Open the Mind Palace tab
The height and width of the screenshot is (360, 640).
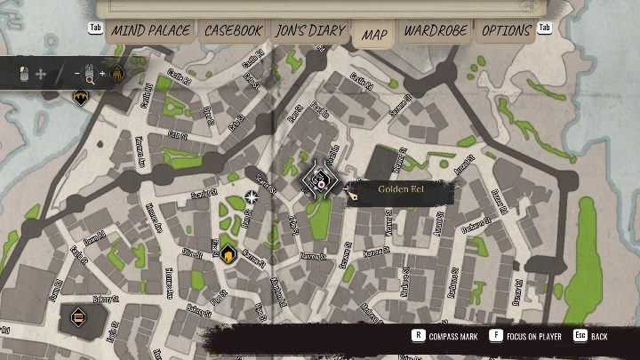click(150, 30)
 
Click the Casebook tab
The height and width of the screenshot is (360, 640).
click(234, 30)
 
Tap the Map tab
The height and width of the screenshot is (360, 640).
click(374, 34)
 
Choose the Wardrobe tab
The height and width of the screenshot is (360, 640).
click(436, 30)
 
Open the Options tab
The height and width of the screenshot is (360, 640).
click(507, 30)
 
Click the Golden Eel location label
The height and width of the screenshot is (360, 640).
click(399, 189)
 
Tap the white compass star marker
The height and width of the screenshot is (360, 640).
click(252, 196)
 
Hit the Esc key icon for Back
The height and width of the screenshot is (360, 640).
click(579, 337)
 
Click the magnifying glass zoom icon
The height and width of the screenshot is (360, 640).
click(89, 76)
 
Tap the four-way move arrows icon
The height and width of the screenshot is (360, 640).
click(40, 74)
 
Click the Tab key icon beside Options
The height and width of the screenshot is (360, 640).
click(545, 28)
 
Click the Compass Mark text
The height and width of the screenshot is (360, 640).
click(454, 337)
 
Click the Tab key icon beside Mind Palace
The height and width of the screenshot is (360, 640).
click(96, 28)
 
